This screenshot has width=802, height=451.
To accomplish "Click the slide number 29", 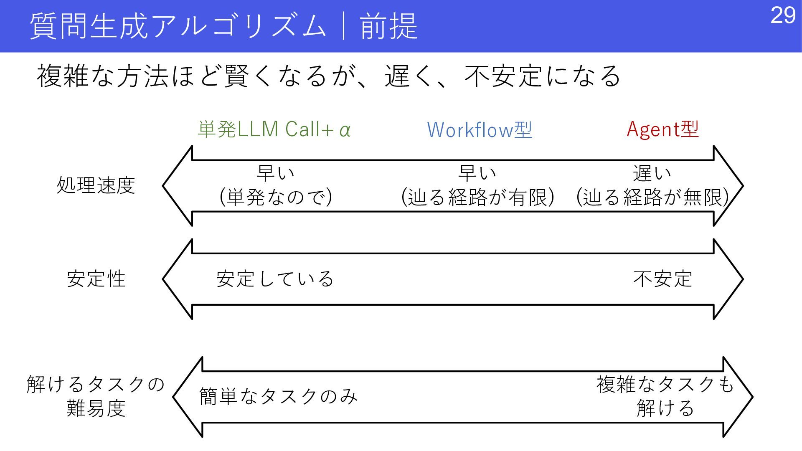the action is click(783, 16).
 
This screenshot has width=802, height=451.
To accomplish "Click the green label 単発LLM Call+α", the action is click(274, 129).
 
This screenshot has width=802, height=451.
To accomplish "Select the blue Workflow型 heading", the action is click(480, 129).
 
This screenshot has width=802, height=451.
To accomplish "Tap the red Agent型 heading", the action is click(662, 129).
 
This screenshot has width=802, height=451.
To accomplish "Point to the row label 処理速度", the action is click(96, 185).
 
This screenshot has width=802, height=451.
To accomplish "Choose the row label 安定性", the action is click(96, 279).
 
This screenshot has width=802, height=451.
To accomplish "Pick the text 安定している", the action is click(275, 279).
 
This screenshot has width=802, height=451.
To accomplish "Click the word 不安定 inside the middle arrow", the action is click(662, 279).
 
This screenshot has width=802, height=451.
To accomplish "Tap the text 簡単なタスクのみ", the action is click(278, 396).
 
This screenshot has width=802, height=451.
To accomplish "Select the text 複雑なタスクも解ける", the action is click(665, 396).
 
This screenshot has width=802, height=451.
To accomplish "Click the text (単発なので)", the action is click(276, 197).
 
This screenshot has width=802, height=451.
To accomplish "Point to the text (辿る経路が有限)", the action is click(478, 197).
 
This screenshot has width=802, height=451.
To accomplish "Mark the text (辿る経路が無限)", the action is click(652, 197).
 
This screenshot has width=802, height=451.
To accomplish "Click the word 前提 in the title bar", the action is click(388, 26).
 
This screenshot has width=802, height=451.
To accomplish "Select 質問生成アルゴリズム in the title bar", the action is click(178, 26).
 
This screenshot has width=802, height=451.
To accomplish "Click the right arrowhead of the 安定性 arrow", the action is click(728, 279).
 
